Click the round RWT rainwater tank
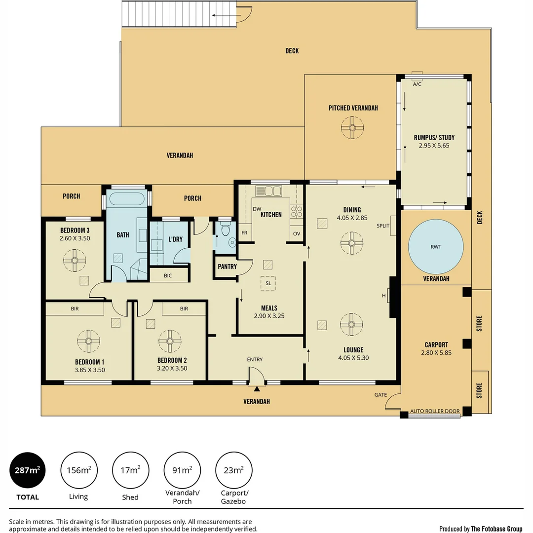click(436, 246)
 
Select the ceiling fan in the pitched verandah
click(352, 127)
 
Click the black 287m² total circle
click(28, 470)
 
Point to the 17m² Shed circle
click(130, 470)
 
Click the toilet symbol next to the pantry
click(226, 231)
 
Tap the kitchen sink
click(268, 190)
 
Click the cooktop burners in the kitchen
click(297, 212)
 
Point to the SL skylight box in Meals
click(268, 283)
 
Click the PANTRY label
click(227, 266)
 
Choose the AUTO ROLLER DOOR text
click(435, 411)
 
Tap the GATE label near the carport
click(381, 395)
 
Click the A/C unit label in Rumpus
click(417, 84)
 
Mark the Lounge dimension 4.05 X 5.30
click(354, 358)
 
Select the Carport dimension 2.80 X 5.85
click(436, 353)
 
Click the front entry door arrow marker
click(257, 376)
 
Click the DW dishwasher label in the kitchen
click(257, 209)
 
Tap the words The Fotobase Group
click(496, 529)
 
